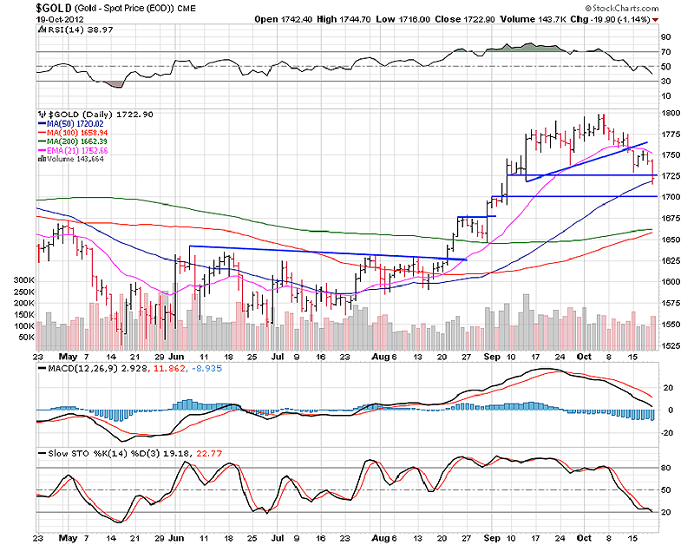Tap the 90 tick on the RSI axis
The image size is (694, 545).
(x=665, y=37)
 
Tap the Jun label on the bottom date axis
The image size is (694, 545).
(x=176, y=356)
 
